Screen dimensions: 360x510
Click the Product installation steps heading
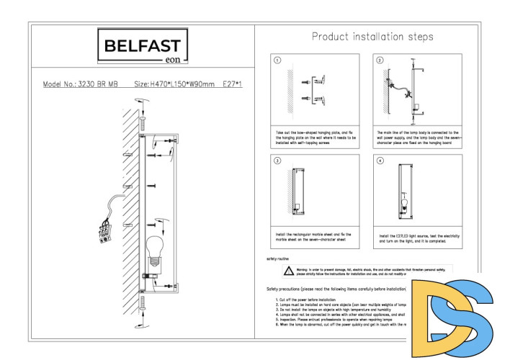point(372,36)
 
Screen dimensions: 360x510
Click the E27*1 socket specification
point(233,84)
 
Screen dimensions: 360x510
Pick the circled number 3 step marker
point(277,161)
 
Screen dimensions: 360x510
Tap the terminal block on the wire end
point(105,230)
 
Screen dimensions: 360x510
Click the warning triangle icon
point(287,271)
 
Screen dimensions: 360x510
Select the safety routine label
point(278,258)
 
